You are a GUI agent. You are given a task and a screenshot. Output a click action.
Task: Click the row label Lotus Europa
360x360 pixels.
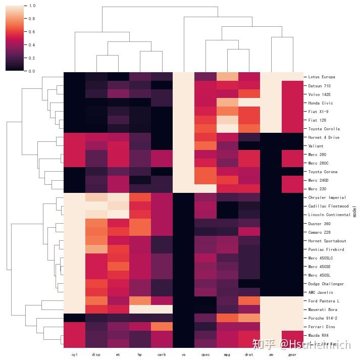[321, 77]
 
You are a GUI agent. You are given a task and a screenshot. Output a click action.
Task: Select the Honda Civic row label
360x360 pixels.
[320, 103]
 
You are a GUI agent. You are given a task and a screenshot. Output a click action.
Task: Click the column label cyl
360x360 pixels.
[75, 354]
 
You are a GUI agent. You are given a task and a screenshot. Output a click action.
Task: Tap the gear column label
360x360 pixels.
[292, 354]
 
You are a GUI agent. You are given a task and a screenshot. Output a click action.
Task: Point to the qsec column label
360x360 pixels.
[205, 354]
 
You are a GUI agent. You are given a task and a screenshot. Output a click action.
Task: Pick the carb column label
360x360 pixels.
[162, 354]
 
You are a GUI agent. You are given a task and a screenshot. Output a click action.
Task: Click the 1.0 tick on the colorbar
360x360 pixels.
[32, 6]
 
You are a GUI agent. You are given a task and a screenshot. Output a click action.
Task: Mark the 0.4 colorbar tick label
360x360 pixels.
[32, 45]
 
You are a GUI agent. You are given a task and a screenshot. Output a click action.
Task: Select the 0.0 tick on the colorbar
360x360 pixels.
[32, 71]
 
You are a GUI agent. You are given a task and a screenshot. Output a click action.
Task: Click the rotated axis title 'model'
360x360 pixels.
[354, 211]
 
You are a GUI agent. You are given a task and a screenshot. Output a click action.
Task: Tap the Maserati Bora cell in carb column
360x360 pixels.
[162, 310]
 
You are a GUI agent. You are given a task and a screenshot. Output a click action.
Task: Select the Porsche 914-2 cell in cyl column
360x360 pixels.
[75, 318]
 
